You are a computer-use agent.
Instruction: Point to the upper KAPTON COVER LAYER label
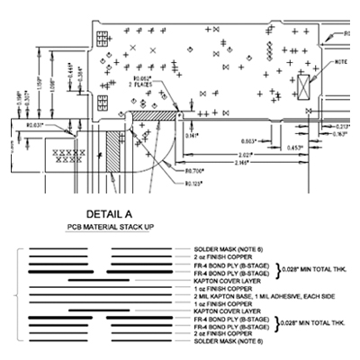[220, 280]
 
